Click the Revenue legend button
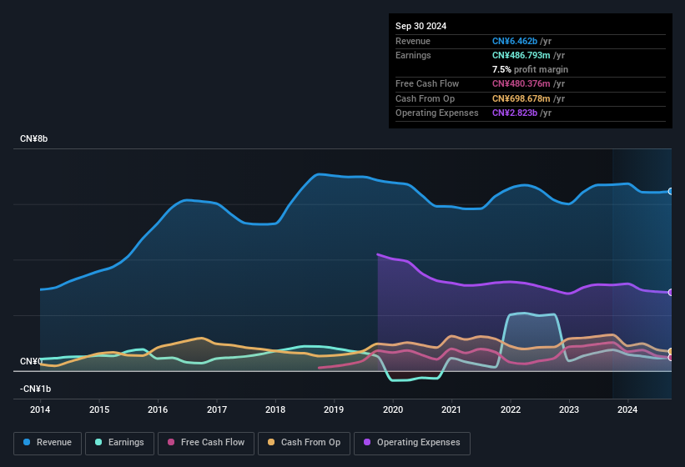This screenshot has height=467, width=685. pyautogui.click(x=48, y=443)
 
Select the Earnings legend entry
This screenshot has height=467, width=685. pyautogui.click(x=120, y=443)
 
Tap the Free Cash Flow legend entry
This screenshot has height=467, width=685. pyautogui.click(x=207, y=443)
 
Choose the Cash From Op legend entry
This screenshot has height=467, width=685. pyautogui.click(x=305, y=443)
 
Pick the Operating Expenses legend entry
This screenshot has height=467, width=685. pyautogui.click(x=411, y=443)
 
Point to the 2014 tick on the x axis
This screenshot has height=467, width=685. pyautogui.click(x=40, y=409)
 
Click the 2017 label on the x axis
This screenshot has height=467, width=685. pyautogui.click(x=217, y=409)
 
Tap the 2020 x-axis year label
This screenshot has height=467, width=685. pyautogui.click(x=393, y=409)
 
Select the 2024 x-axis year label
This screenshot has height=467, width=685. pyautogui.click(x=627, y=409)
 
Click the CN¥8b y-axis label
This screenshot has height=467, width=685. pyautogui.click(x=34, y=139)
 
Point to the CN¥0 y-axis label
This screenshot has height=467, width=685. pyautogui.click(x=31, y=362)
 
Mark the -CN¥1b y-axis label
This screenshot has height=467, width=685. pyautogui.click(x=36, y=389)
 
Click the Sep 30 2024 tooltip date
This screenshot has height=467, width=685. pyautogui.click(x=421, y=26)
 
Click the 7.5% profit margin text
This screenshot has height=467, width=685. pyautogui.click(x=531, y=69)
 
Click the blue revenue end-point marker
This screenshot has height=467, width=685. pyautogui.click(x=671, y=192)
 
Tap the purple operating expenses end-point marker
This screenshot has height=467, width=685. pyautogui.click(x=671, y=293)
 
